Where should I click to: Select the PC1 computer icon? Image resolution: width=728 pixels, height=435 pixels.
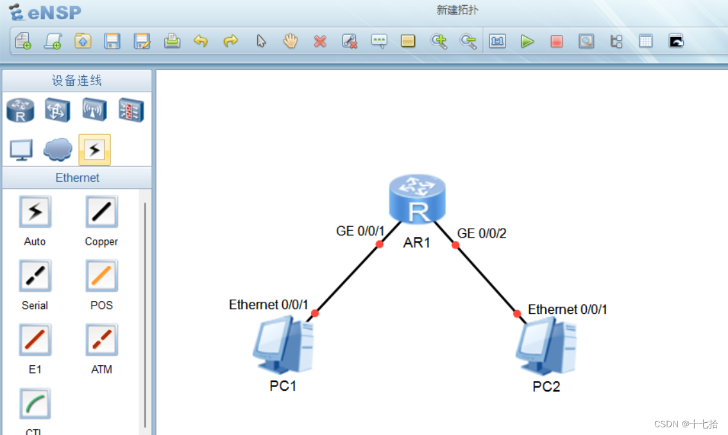283,347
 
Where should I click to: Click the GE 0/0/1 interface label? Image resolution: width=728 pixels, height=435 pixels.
360,231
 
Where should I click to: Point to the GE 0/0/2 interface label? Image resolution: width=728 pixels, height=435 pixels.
482,233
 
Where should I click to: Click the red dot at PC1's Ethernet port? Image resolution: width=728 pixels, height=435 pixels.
315,313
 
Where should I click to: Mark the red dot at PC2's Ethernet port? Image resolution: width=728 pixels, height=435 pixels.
517,313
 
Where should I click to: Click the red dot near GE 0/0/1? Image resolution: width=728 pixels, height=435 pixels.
380,244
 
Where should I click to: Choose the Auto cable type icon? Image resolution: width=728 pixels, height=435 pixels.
35,212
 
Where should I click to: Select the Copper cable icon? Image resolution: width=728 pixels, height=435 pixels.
101,212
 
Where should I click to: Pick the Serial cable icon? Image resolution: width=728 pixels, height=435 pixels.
35,276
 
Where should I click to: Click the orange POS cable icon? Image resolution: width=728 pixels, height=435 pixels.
101,276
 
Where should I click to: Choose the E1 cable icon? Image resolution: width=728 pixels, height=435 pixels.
35,340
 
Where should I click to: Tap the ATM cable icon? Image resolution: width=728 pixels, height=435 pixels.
101,340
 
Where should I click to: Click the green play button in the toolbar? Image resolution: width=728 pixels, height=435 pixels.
527,42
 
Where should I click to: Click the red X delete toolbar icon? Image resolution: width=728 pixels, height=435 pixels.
320,42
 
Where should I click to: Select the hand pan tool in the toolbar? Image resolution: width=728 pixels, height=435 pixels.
291,42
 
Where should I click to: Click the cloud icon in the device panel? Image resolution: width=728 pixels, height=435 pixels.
58,150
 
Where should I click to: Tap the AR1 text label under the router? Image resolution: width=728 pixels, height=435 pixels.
417,243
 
